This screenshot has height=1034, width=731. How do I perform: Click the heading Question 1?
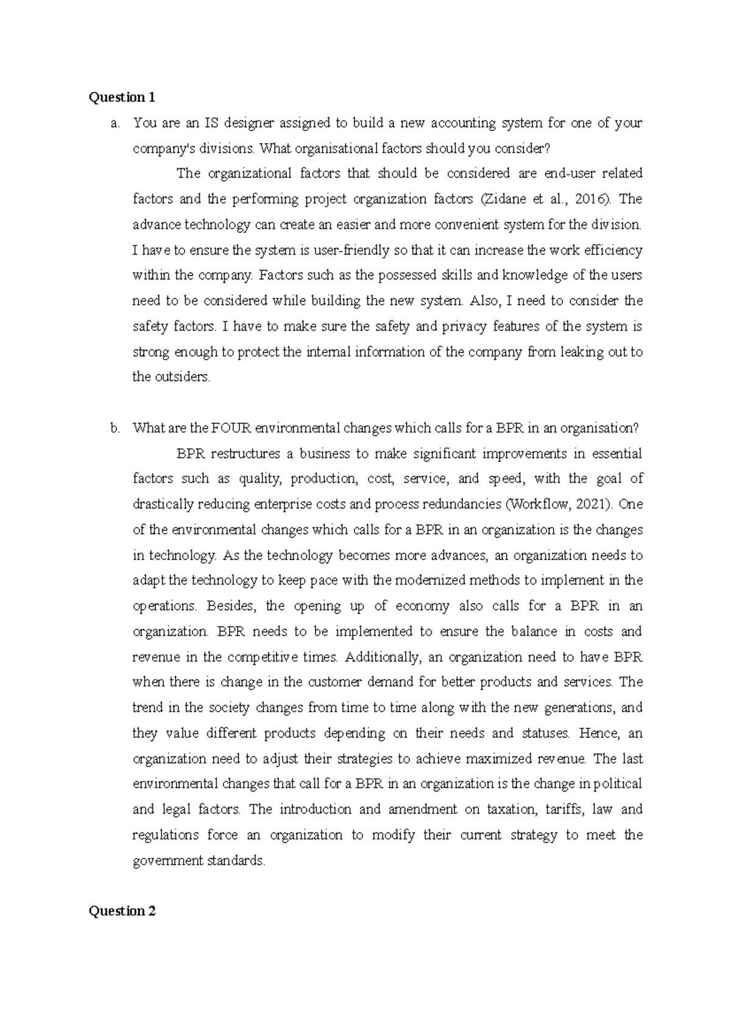click(122, 97)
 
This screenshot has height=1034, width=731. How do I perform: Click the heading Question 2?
click(122, 911)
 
